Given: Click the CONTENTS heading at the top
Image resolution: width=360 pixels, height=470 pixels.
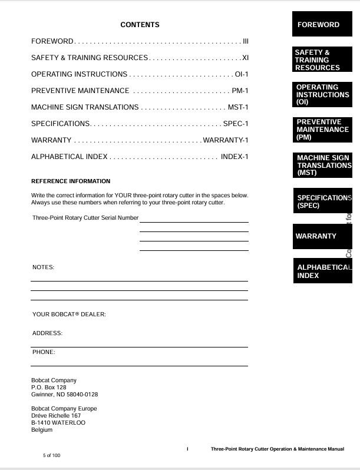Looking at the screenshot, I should coord(140,25).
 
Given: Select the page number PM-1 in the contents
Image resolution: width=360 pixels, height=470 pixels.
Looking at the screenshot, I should coord(240,91).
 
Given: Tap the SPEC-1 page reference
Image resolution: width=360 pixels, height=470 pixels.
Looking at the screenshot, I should coord(236,124).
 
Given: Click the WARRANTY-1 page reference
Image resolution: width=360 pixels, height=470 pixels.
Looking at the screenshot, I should coord(225,140).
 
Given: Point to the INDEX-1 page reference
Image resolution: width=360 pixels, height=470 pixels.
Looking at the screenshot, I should coord(235,157).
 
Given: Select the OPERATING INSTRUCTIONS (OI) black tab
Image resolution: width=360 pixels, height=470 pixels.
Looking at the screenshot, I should coord(322,95).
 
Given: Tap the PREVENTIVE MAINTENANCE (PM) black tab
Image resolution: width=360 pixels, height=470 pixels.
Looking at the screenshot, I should coord(322,130).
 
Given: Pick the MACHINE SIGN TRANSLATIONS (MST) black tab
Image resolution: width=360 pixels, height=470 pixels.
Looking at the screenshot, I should coord(322,166).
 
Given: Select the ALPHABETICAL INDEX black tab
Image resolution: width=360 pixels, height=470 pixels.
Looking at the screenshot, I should coord(322,271).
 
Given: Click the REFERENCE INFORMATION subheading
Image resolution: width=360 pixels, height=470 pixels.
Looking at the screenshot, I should coord(70,181).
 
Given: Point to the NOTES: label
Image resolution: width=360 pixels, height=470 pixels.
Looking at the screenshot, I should coord(43,267).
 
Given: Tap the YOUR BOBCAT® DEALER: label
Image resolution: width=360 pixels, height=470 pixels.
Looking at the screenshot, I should coord(69,315).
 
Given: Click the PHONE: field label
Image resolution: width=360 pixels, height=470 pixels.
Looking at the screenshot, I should coord(44,352).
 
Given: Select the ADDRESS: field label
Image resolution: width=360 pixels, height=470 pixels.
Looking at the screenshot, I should coord(47,333).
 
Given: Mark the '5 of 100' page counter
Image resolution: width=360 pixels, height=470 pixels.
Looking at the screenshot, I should coord(52,455).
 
